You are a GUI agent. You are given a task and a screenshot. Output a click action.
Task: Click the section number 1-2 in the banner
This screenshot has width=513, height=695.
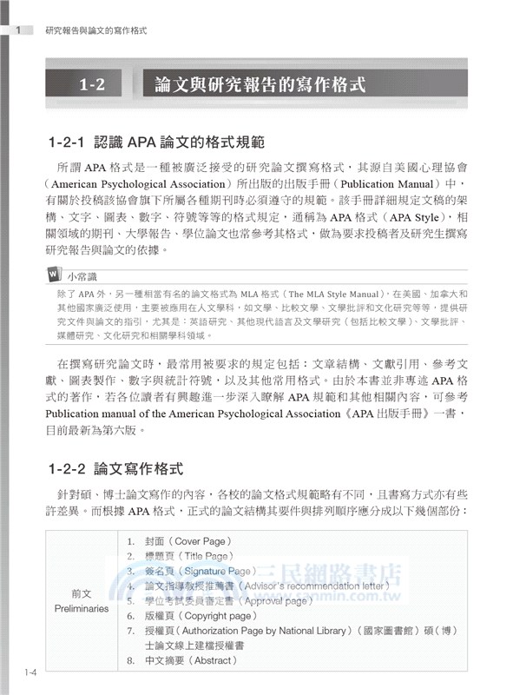point(91,85)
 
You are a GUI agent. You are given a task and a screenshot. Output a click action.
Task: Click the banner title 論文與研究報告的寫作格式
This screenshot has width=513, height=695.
point(260,85)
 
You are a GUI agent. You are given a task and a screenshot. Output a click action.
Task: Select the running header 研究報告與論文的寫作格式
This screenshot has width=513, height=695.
point(95,30)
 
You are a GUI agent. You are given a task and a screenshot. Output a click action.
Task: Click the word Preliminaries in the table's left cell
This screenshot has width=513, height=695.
point(82,608)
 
